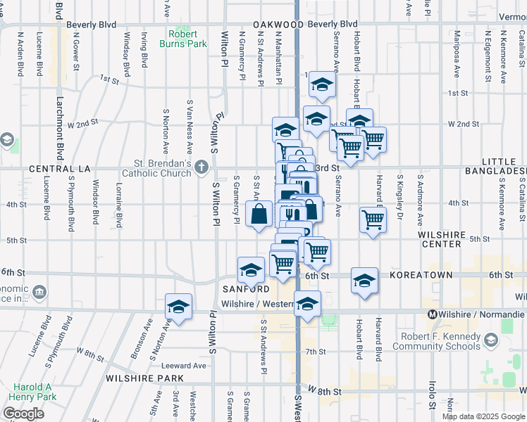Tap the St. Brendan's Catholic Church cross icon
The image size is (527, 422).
click(202, 167)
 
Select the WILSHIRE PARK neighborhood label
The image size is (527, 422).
click(144, 378)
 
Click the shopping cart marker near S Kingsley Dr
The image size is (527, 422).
click(373, 218)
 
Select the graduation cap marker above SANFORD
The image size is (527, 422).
click(251, 269)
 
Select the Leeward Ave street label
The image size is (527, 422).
click(182, 365)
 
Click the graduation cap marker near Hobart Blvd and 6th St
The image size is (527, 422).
click(364, 281)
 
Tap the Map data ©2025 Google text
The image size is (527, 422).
click(483, 416)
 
